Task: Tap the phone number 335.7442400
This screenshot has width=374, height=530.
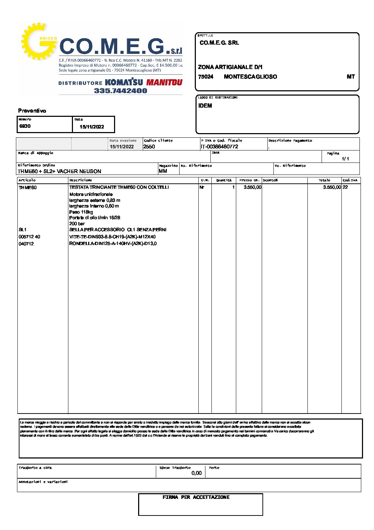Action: (120, 91)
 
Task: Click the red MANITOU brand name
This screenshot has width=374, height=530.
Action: (164, 82)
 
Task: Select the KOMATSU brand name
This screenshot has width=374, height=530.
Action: (124, 82)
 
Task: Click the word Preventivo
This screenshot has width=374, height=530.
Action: (32, 111)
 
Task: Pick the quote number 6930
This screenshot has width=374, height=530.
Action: (25, 126)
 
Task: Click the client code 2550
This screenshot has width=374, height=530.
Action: (149, 147)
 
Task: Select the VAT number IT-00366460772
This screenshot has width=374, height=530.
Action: (219, 147)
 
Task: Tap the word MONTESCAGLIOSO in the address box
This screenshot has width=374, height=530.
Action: (250, 76)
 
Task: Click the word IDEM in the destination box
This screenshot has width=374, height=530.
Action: (205, 106)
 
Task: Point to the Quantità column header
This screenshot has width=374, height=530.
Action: (224, 180)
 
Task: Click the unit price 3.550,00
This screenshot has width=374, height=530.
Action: (253, 187)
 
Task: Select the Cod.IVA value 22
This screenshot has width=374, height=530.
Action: (345, 187)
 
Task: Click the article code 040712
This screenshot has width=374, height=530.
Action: (26, 244)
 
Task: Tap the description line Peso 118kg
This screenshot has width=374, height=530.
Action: (81, 212)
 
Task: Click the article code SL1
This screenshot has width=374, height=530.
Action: (22, 230)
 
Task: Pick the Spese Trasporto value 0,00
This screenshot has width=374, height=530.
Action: (196, 473)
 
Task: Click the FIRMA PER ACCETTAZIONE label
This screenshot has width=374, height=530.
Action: (196, 497)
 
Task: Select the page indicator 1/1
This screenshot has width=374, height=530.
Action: (345, 159)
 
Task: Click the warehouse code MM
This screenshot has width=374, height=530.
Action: (163, 171)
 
